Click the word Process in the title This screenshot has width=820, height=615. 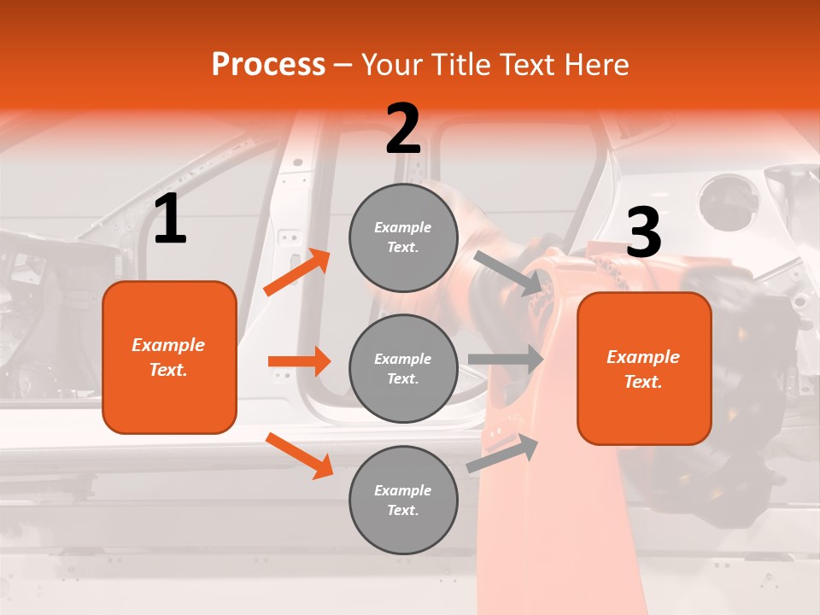coord(268,65)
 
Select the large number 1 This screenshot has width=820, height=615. coord(170,220)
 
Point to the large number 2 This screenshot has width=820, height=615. coord(403,129)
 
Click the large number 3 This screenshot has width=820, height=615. coord(643,233)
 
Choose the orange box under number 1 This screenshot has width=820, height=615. coord(169,357)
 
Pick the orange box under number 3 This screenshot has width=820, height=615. coord(644,369)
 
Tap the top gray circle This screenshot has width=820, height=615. coord(403,237)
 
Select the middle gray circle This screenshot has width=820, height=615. coord(403,368)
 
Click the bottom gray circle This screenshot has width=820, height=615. coord(403,500)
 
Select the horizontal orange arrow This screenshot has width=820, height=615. coord(299,361)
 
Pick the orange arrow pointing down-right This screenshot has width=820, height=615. coord(299,455)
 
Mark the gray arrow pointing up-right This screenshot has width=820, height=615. coord(502,454)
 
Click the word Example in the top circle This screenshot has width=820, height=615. coord(402,228)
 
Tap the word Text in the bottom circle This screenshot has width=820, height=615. coord(402,510)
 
